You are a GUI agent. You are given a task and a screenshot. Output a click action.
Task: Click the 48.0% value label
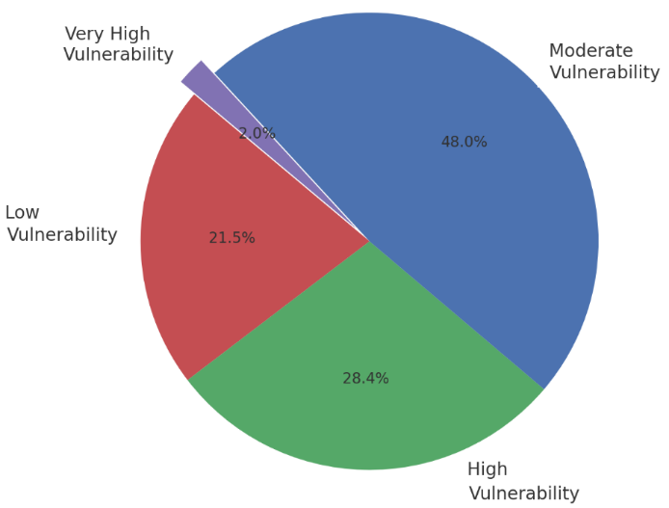coord(464,142)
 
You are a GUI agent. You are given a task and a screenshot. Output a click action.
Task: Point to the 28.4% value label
coord(365,378)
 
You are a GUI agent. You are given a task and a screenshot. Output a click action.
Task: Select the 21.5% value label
coord(231,237)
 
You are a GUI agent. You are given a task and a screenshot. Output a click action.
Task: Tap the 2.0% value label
coord(257,133)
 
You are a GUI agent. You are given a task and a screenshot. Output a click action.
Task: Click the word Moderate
coord(590,51)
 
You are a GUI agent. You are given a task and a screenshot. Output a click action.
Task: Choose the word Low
coord(22,213)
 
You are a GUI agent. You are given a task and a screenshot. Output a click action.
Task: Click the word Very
coord(84,35)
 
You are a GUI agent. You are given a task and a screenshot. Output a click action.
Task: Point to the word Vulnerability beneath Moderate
coord(603,73)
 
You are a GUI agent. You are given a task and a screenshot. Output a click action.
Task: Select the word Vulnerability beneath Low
coord(62,235)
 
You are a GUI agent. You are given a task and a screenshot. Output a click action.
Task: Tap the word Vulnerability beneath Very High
coord(118,56)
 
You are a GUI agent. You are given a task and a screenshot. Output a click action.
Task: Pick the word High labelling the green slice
coord(487,469)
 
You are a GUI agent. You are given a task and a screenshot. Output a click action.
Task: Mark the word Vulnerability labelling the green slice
coord(523,494)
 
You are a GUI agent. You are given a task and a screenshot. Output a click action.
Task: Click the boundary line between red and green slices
coord(279,309)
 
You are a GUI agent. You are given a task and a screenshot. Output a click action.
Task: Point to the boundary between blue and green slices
coord(457,315)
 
